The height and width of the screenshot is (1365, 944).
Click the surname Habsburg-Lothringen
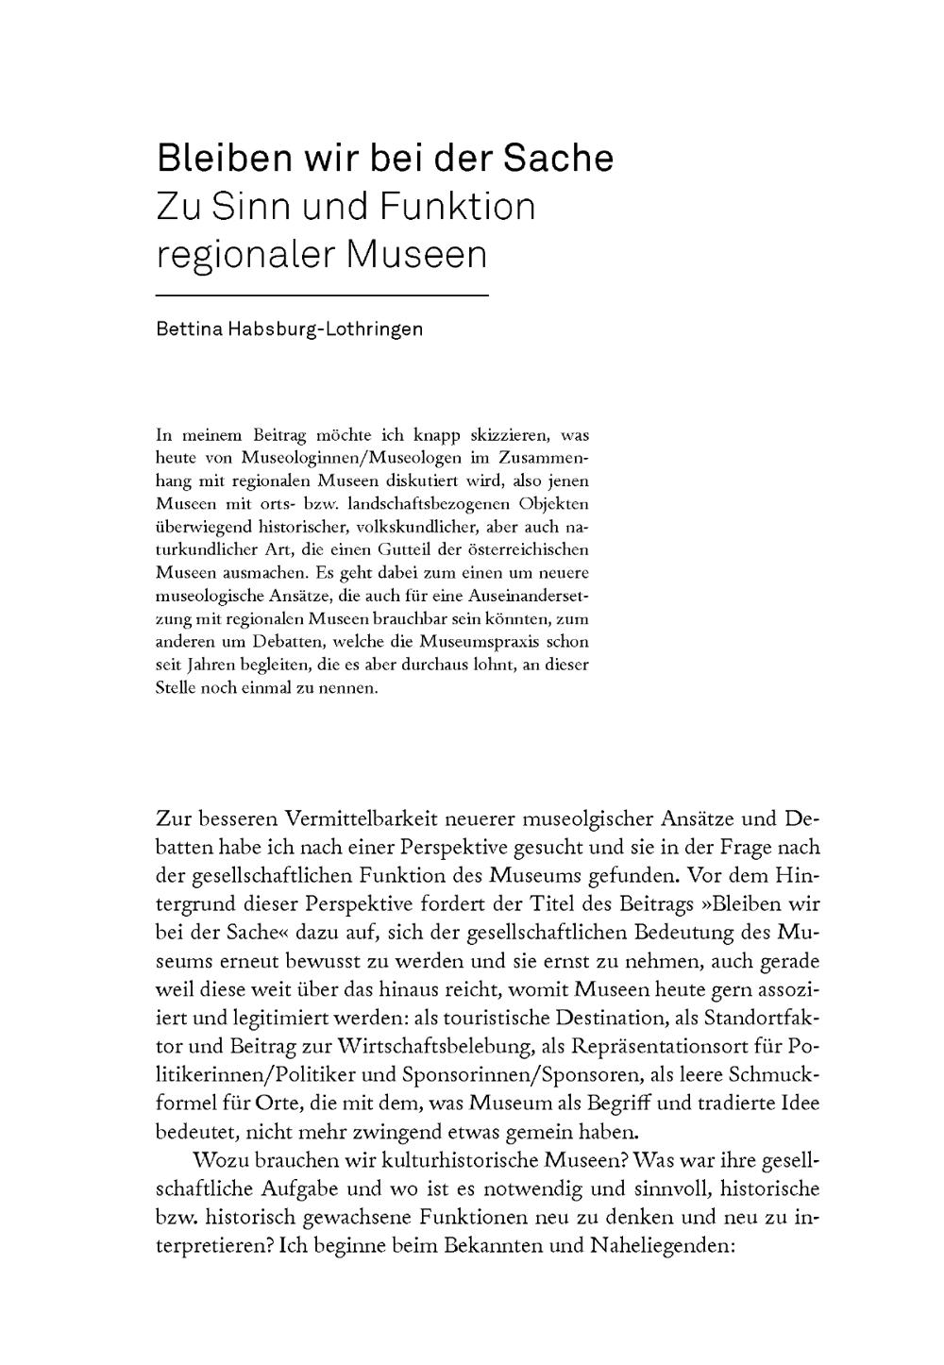pos(326,329)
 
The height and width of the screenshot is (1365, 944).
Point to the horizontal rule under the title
pos(322,296)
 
